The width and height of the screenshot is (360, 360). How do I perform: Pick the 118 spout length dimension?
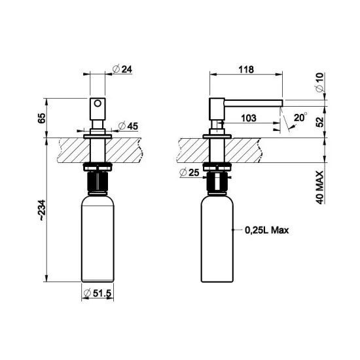pyautogui.click(x=245, y=69)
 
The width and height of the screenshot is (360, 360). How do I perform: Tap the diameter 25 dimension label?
pyautogui.click(x=190, y=173)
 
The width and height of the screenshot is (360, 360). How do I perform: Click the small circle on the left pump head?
pyautogui.click(x=98, y=103)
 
